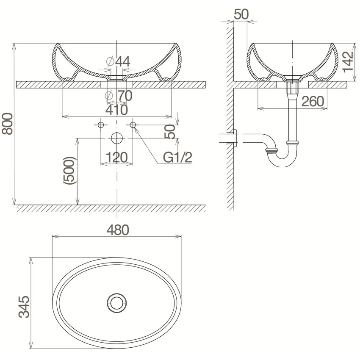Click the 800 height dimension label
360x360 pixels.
7,124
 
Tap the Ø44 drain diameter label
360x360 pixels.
118,61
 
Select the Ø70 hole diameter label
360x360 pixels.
119,96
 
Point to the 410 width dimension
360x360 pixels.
116,110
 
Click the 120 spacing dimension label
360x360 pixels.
116,158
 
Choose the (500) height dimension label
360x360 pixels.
69,171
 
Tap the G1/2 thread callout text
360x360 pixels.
177,158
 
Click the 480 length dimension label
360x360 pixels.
118,230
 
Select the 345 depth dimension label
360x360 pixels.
24,307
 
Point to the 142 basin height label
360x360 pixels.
348,62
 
